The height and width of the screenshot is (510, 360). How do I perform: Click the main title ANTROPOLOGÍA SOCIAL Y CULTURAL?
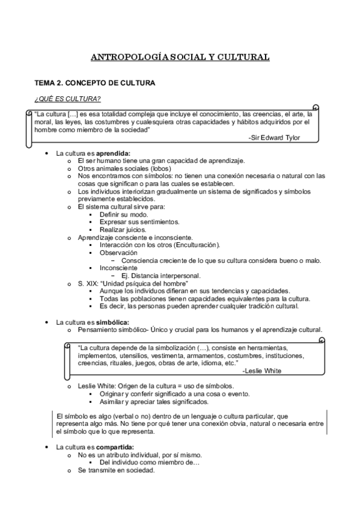click(180, 58)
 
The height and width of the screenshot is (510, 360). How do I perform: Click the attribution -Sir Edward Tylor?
click(273, 138)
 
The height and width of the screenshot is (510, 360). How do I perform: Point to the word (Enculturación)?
click(197, 245)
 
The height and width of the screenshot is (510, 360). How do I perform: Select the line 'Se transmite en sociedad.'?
click(117, 470)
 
